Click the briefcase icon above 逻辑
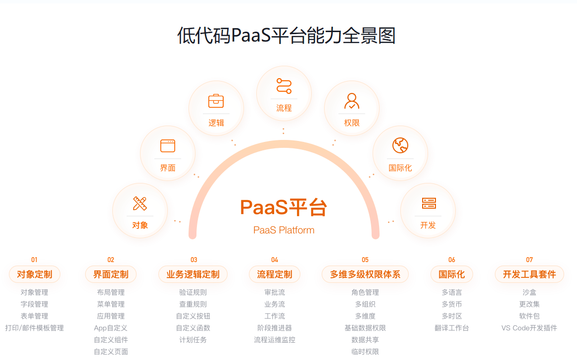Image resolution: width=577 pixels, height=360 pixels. [216, 101]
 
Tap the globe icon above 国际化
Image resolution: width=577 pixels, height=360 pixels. [400, 145]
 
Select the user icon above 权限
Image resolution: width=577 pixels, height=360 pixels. [352, 101]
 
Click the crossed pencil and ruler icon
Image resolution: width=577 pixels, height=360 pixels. [140, 203]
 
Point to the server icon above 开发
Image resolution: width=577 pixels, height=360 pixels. [429, 203]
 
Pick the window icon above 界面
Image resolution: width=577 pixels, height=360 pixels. [168, 145]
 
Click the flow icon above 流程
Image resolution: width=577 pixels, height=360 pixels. [284, 86]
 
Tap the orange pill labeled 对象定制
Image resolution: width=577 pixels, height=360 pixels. [35, 274]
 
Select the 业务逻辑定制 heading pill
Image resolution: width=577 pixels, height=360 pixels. [193, 274]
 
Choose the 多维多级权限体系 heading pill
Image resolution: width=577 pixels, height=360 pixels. [365, 274]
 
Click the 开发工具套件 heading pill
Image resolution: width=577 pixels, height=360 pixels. [529, 274]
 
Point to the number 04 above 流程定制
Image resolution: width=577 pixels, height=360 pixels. [275, 260]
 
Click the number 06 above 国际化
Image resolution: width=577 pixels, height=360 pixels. [452, 260]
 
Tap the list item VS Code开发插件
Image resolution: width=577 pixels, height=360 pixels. [529, 328]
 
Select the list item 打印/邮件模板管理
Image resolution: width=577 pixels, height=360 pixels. [35, 328]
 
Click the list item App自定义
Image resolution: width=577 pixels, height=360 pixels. [111, 328]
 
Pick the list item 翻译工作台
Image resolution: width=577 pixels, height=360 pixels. [452, 328]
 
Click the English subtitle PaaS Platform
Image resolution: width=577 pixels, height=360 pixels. [284, 230]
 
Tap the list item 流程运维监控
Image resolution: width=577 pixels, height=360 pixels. [275, 340]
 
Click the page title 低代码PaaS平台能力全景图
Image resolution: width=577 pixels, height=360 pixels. [287, 36]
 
